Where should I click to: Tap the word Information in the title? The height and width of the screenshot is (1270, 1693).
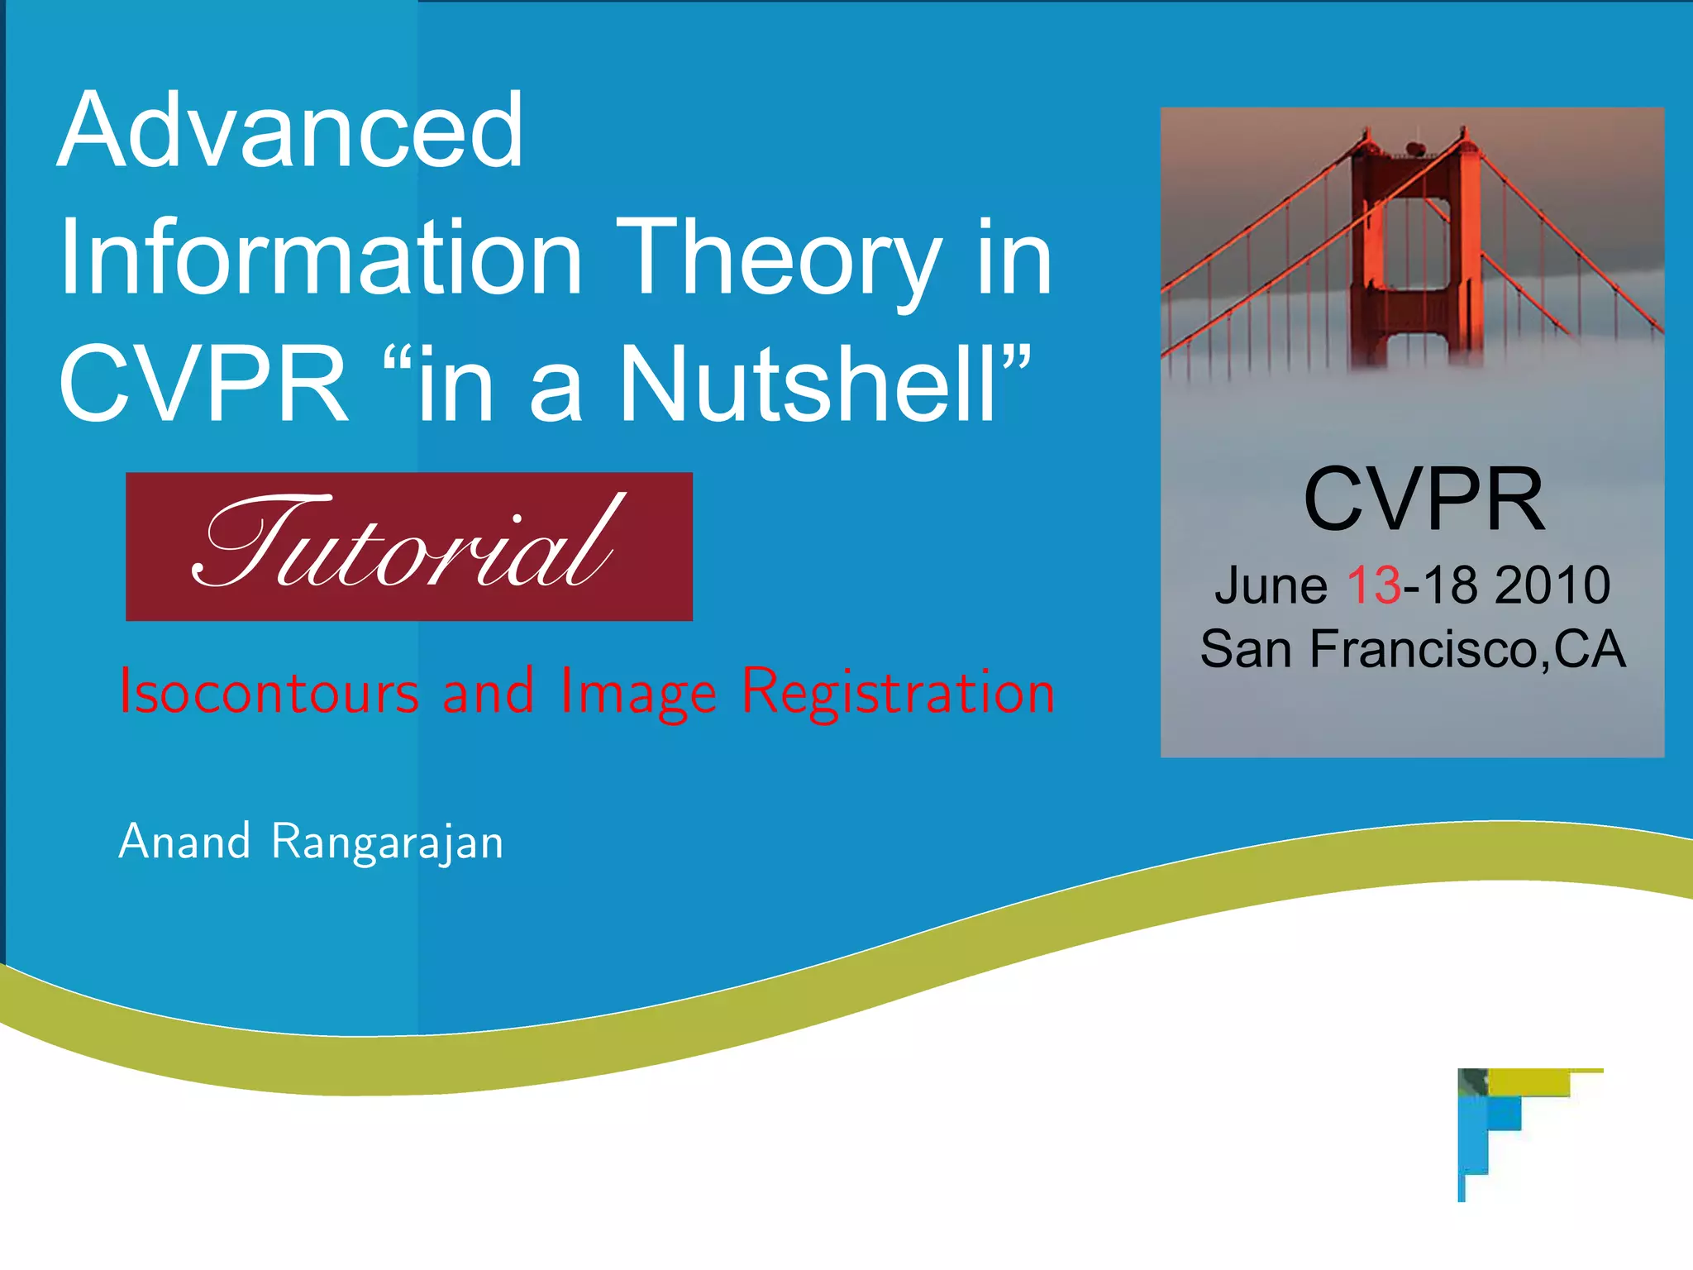[x=321, y=258]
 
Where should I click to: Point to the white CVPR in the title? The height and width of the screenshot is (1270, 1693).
[x=203, y=385]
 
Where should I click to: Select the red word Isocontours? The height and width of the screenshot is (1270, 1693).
[x=269, y=693]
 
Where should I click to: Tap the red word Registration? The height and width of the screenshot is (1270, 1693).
[x=898, y=693]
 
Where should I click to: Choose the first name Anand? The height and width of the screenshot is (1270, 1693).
[x=184, y=842]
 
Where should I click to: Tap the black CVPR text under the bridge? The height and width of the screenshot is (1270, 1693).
[x=1424, y=500]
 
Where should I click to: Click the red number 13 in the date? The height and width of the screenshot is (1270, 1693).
[x=1373, y=585]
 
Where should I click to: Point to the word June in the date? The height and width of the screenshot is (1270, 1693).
[x=1271, y=585]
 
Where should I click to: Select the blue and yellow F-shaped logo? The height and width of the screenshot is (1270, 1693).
[x=1505, y=1124]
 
